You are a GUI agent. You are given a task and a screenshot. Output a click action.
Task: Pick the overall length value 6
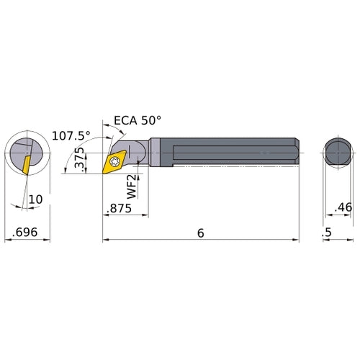(x=201, y=233)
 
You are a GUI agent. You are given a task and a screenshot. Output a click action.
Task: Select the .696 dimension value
(x=27, y=233)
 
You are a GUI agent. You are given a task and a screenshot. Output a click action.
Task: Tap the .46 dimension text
(x=343, y=209)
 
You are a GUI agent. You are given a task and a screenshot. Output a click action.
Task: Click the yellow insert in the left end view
(x=25, y=163)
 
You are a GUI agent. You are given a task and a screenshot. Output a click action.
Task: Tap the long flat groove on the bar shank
(x=223, y=153)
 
